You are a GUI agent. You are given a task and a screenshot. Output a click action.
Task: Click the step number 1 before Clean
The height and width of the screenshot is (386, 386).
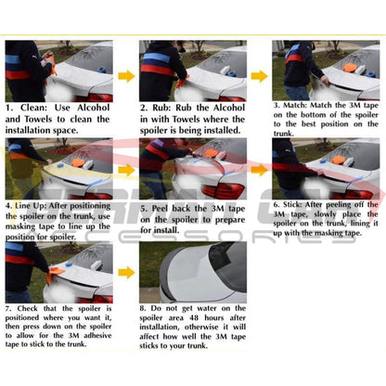pyautogui.click(x=9, y=108)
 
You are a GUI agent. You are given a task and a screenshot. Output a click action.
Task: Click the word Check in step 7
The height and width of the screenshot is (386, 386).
pyautogui.click(x=36, y=307)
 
